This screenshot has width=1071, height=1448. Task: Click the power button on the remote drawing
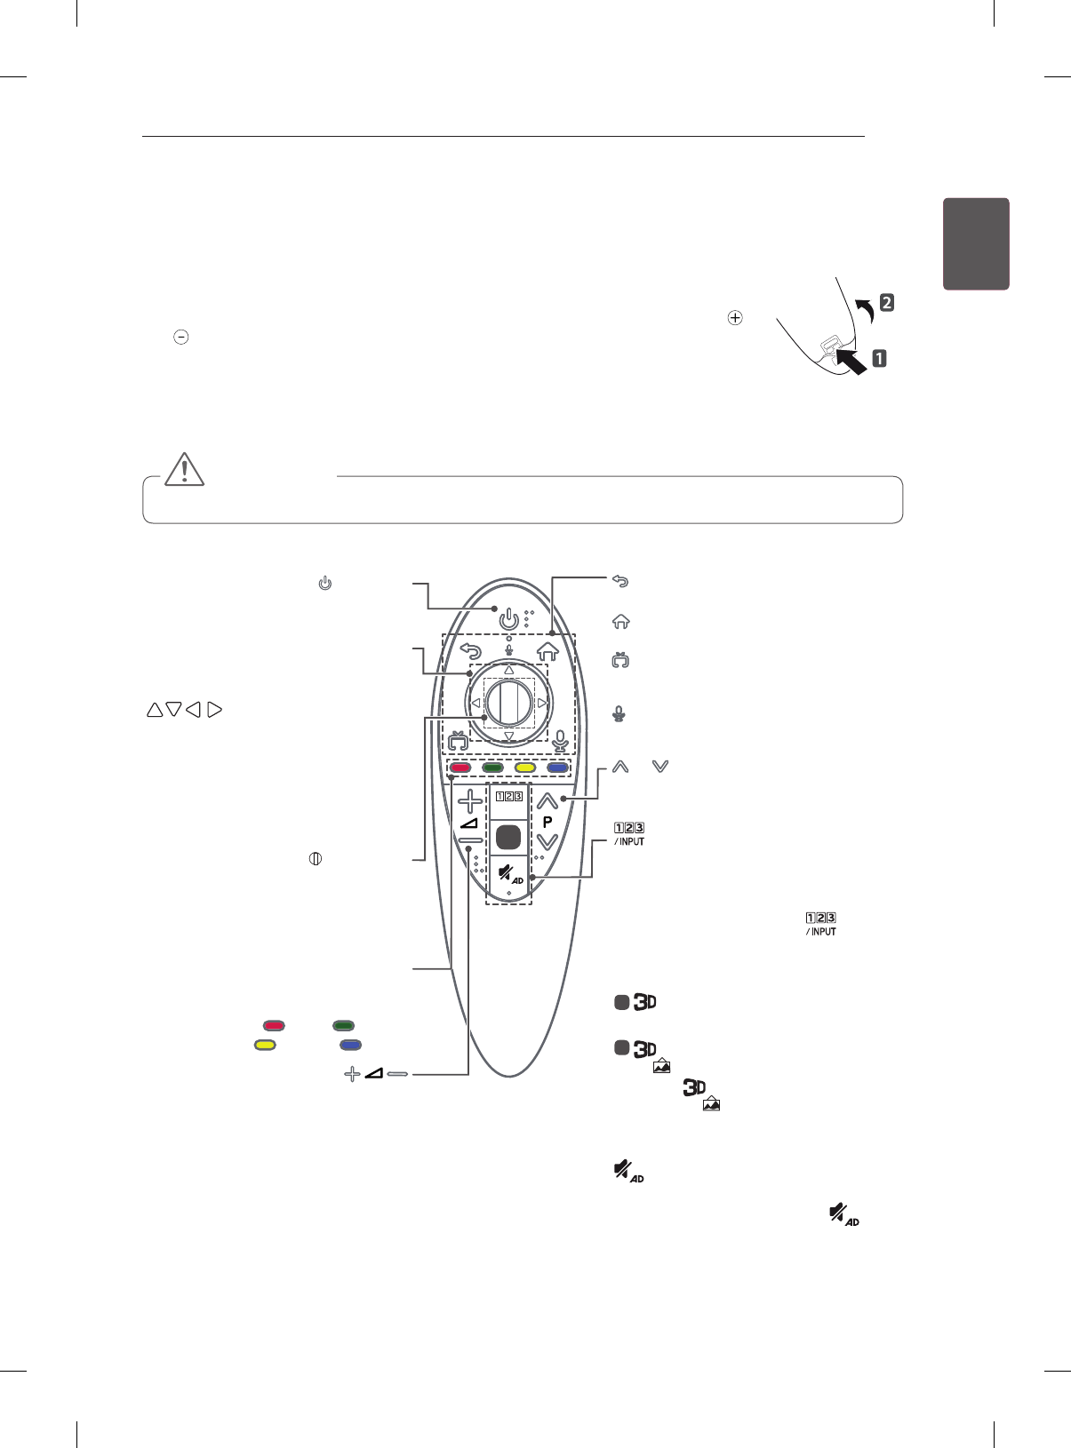(x=508, y=617)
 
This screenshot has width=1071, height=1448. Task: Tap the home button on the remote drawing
(x=547, y=651)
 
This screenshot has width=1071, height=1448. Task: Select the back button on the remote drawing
(x=471, y=651)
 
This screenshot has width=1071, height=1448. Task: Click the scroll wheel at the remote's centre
(x=509, y=703)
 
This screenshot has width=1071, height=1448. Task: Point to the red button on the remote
(x=460, y=768)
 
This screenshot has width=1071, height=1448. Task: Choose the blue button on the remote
(x=557, y=768)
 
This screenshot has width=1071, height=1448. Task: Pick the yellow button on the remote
(x=524, y=768)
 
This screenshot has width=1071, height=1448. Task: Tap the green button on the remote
(x=492, y=768)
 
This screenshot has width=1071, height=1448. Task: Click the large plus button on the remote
(x=470, y=801)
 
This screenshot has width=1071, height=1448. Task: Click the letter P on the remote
(x=547, y=823)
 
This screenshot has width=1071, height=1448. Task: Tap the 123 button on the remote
(x=509, y=795)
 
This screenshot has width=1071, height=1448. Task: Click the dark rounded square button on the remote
(x=509, y=837)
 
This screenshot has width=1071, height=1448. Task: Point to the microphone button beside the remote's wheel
(x=560, y=740)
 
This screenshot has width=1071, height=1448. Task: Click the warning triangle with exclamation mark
(x=184, y=468)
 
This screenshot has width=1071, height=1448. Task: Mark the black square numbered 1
(x=879, y=359)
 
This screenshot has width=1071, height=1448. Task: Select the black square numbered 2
(x=886, y=302)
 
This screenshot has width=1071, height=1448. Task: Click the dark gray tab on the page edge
(x=976, y=243)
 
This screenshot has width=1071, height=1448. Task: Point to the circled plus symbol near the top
(x=735, y=317)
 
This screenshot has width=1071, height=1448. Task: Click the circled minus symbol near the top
(x=180, y=338)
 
